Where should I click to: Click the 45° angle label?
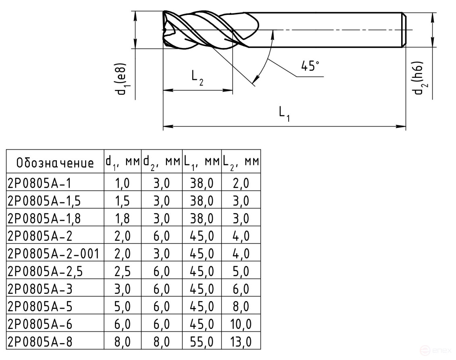(310, 66)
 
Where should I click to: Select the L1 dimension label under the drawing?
(284, 114)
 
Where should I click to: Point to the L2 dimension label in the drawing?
(197, 78)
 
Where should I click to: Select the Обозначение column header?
(55, 163)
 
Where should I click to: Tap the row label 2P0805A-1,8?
(44, 218)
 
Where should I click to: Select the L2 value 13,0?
(241, 342)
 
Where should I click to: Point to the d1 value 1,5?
(123, 201)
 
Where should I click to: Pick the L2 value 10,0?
(241, 325)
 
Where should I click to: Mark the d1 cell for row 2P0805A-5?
(123, 307)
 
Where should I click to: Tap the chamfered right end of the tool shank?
(404, 30)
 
